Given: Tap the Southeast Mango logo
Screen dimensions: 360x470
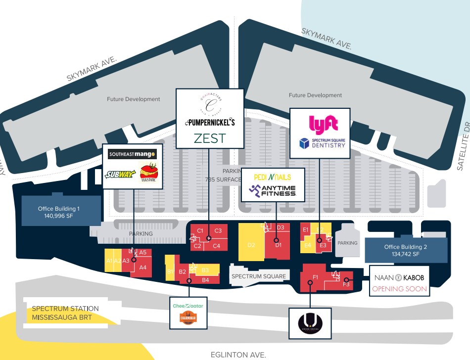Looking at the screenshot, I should click(132, 154).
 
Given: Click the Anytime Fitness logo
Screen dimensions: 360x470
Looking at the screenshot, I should click(273, 190).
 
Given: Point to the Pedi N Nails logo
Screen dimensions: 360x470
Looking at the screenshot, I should click(272, 177).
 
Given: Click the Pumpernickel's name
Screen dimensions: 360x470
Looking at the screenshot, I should click(210, 121).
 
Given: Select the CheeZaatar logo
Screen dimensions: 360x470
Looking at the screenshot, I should click(188, 306).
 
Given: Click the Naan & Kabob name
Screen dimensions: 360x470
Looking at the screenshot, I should click(399, 278).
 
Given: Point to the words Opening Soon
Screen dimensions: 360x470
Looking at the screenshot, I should click(399, 289).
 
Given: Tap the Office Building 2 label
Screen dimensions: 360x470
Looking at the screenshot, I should click(405, 250).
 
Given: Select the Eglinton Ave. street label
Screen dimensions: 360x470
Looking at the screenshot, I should click(238, 354).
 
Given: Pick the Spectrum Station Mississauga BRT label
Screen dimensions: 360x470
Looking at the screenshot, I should click(65, 313).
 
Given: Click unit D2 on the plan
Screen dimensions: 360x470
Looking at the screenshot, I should click(251, 245).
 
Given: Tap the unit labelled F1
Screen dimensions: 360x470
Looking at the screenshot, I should click(315, 277).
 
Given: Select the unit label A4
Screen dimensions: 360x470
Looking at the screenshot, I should click(143, 268).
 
